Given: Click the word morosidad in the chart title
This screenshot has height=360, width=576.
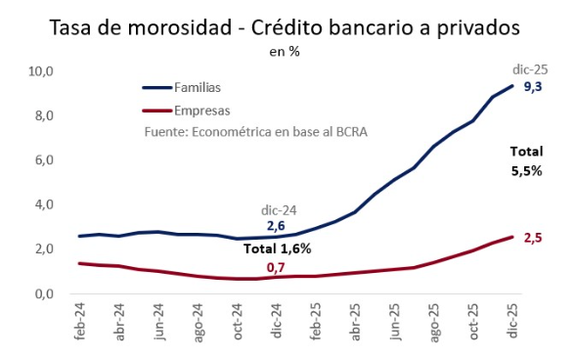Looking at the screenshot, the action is tap(180, 27).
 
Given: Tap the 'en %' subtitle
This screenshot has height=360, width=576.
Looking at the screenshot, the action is tap(285, 52).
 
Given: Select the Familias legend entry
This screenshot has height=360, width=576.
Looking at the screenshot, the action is tap(182, 87).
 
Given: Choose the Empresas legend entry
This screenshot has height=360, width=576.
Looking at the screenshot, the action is tap(186, 111).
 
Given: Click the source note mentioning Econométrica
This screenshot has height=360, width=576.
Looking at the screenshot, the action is tap(256, 132).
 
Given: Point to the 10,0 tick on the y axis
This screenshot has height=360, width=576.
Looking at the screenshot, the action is tap(41, 71).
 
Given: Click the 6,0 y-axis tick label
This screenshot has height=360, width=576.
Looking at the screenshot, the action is tap(44, 160).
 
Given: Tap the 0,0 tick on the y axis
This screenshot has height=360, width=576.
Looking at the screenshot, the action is tap(44, 294).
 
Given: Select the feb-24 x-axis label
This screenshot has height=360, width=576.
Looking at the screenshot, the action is tap(79, 322).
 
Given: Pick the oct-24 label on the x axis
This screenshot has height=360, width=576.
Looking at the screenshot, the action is tap(237, 322).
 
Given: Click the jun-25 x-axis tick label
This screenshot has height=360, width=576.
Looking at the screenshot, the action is tap(395, 322).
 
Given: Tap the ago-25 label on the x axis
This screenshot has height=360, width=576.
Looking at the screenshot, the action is tap(434, 323).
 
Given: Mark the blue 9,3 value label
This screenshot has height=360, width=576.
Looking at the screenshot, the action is tap(533, 87).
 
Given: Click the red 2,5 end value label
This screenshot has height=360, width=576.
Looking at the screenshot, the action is tap(533, 238).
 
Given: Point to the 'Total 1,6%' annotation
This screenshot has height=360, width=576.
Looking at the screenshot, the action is tap(278, 248).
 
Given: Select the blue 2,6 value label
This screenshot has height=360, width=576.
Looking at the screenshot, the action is tap(276, 226).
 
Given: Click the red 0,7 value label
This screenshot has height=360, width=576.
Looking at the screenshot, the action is tap(276, 268).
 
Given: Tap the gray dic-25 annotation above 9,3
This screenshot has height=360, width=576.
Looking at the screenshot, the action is tap(530, 69).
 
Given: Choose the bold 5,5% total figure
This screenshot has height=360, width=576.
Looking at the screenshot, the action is tap(527, 171).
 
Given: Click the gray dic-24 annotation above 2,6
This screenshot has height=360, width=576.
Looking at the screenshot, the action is tap(279, 210).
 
